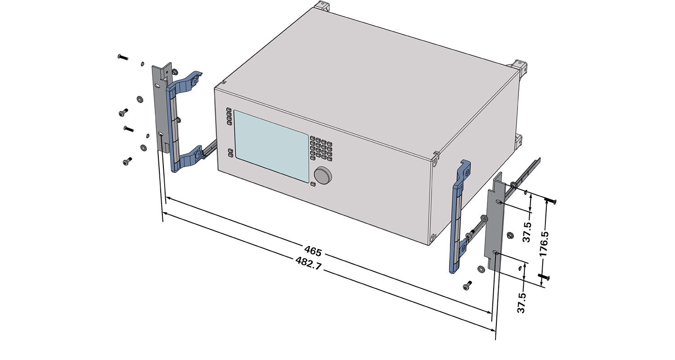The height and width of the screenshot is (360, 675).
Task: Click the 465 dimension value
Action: (313, 251)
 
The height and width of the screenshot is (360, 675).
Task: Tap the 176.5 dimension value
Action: (544, 244)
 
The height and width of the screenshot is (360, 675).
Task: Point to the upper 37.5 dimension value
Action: (527, 232)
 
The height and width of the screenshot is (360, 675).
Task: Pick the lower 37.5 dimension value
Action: (522, 303)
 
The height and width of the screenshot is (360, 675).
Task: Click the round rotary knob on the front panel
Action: (323, 175)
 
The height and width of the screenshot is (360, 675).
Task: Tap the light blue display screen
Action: (271, 146)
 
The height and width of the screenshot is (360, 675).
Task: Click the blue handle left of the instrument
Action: (183, 121)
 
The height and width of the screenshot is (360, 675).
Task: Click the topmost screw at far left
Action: (123, 57)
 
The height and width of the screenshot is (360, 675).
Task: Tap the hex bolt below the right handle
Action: (467, 285)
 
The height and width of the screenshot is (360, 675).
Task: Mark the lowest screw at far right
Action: (544, 276)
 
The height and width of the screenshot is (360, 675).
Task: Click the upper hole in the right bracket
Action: (499, 202)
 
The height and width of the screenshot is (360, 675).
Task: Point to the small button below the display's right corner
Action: (312, 184)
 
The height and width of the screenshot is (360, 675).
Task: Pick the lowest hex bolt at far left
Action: (127, 162)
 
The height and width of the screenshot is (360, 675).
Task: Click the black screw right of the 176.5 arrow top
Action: (550, 200)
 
